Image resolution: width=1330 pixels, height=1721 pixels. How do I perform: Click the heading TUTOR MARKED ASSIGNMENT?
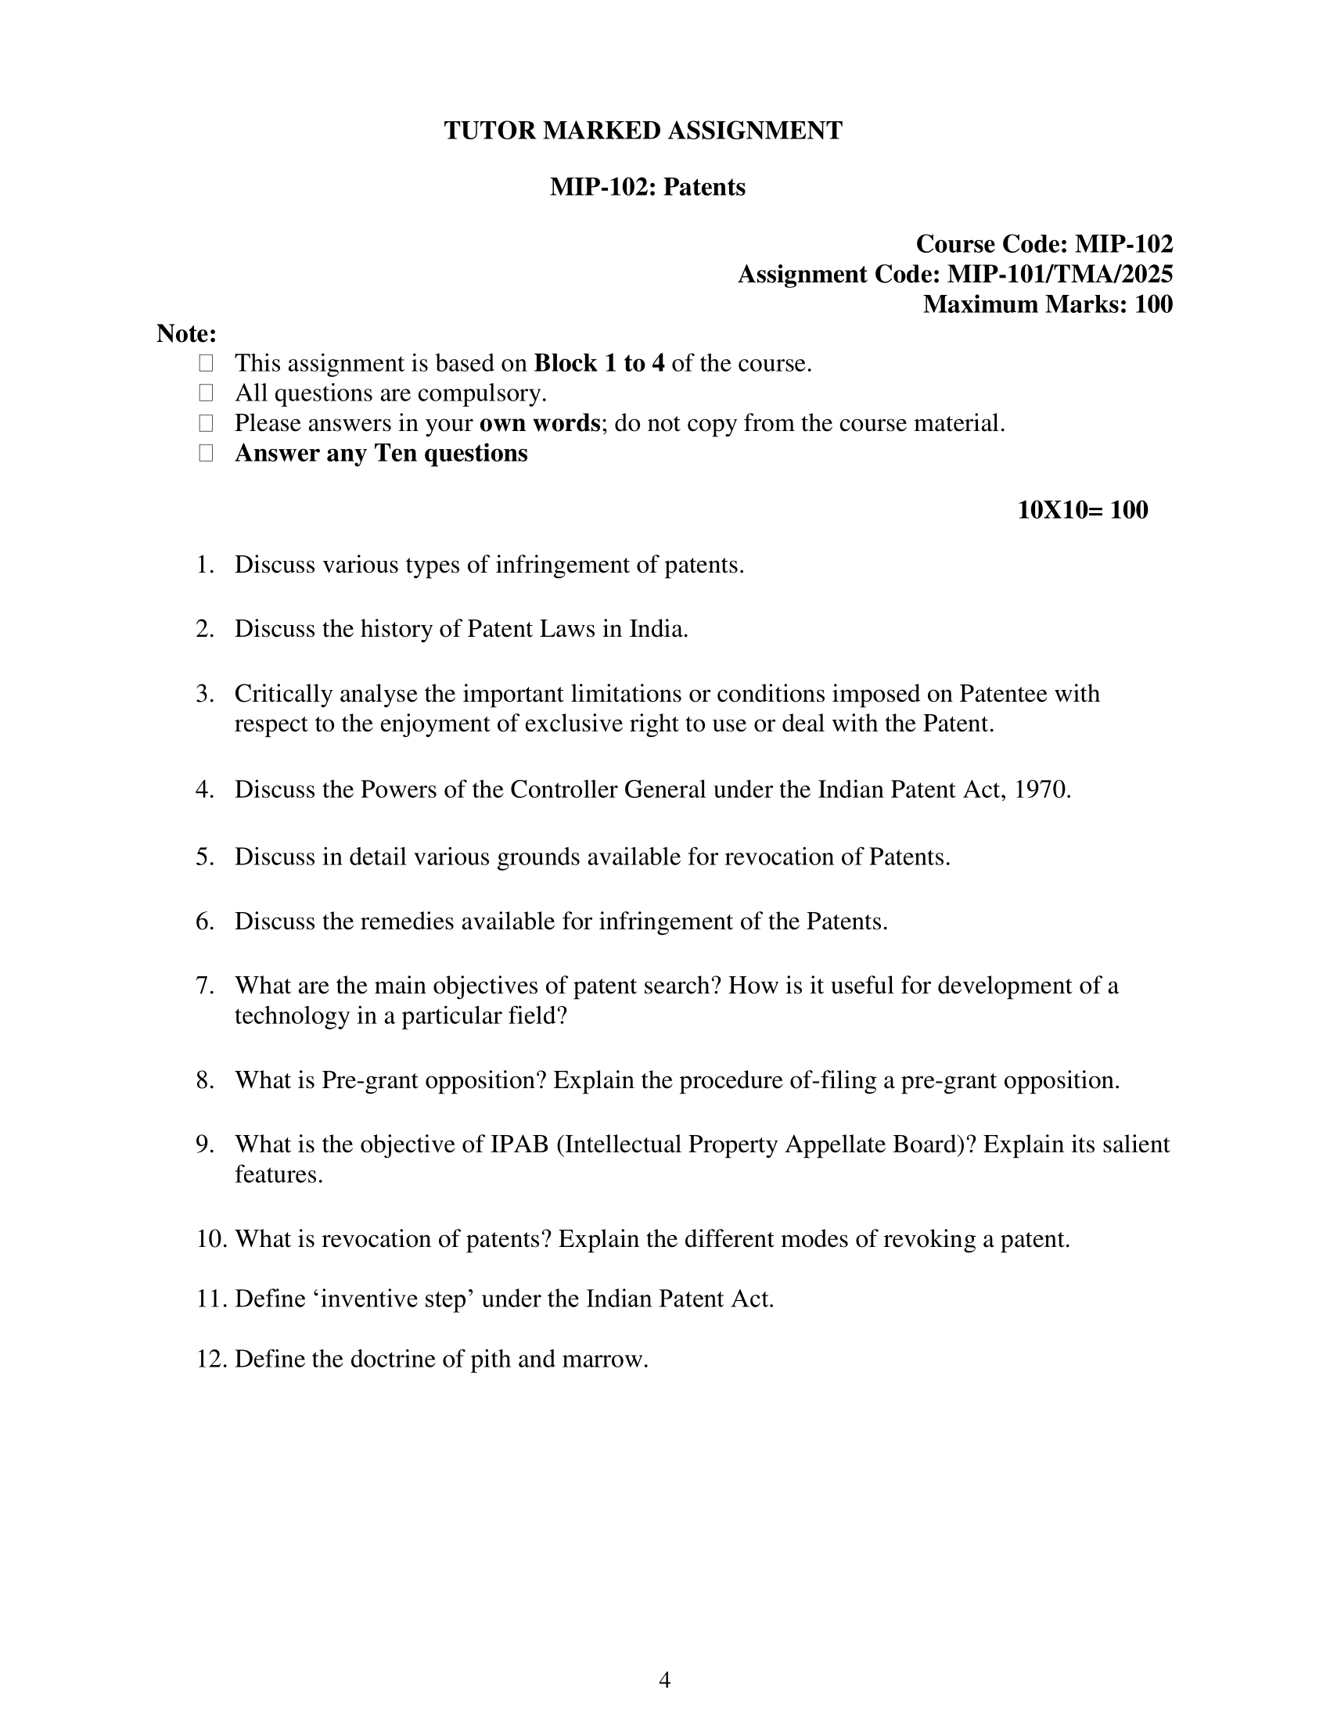coord(643,131)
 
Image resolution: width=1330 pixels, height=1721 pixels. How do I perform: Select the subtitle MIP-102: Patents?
coord(647,188)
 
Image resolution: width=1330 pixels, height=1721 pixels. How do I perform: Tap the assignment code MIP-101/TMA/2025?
coord(1059,275)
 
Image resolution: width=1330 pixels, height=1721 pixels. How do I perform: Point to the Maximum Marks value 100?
coord(1152,304)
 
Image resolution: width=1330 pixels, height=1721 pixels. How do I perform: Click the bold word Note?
coord(186,334)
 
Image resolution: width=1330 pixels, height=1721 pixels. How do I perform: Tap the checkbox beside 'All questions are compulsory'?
coord(206,393)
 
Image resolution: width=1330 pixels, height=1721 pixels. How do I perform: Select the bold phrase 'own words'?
coord(540,423)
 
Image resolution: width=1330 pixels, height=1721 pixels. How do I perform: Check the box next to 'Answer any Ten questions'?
coord(206,453)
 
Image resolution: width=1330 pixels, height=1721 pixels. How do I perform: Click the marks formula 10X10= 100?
coord(1083,510)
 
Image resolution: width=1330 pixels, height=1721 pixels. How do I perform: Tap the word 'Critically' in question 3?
coord(286,693)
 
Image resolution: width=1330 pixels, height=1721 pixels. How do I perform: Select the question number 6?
coord(204,922)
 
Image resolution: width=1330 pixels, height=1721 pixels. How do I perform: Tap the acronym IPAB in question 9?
coord(519,1144)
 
